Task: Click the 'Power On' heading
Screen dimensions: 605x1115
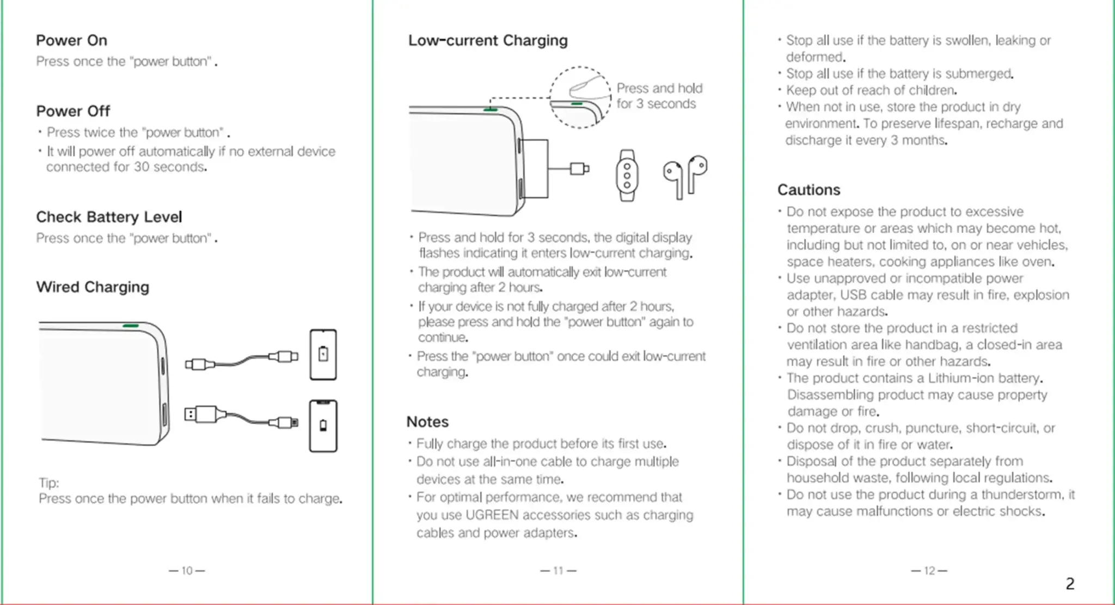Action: pyautogui.click(x=71, y=40)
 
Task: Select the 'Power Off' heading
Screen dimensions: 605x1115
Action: pyautogui.click(x=73, y=111)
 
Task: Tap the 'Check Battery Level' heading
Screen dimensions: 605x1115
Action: pyautogui.click(x=109, y=217)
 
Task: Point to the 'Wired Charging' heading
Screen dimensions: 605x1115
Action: pyautogui.click(x=93, y=287)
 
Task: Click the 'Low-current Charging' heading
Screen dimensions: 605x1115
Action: pyautogui.click(x=488, y=40)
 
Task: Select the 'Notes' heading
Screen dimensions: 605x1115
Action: pyautogui.click(x=427, y=422)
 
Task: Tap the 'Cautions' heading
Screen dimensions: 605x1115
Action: pyautogui.click(x=808, y=190)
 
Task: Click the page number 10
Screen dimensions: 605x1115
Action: pyautogui.click(x=187, y=571)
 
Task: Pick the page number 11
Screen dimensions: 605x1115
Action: pyautogui.click(x=558, y=571)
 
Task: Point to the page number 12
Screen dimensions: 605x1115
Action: pyautogui.click(x=929, y=571)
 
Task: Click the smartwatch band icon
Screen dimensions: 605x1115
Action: pyautogui.click(x=627, y=176)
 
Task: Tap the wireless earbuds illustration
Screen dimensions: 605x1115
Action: pyautogui.click(x=685, y=176)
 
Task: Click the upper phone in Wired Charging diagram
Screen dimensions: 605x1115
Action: pyautogui.click(x=323, y=355)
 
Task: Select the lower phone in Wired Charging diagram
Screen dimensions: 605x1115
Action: pyautogui.click(x=323, y=426)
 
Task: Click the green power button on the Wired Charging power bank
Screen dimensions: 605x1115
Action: pyautogui.click(x=131, y=326)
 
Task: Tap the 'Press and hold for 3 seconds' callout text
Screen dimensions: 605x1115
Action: pyautogui.click(x=659, y=96)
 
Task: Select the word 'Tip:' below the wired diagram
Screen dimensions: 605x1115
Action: pyautogui.click(x=49, y=483)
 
